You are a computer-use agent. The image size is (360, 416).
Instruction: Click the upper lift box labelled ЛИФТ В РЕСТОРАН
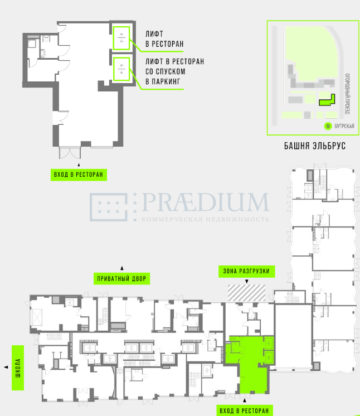tap(121, 38)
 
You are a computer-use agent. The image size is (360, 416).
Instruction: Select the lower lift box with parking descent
tap(121, 69)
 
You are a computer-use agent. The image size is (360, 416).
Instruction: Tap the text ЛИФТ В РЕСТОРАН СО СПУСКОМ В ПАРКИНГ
tap(174, 71)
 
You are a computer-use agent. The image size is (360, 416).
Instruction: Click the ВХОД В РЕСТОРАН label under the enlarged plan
tap(79, 175)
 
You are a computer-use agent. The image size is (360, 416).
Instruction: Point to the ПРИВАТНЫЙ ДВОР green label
tap(121, 279)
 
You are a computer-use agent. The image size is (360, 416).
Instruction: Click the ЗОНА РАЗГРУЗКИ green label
tap(246, 271)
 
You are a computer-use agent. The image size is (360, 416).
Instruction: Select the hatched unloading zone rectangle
tap(246, 293)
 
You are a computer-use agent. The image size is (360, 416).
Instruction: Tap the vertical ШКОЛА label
tap(18, 367)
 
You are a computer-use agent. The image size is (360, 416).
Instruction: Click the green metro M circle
tap(328, 126)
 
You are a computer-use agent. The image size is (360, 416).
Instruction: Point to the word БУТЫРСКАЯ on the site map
tap(344, 126)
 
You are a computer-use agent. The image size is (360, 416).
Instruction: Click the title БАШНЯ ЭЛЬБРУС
tap(315, 146)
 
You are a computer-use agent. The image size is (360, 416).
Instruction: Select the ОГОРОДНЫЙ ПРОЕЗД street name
tap(347, 94)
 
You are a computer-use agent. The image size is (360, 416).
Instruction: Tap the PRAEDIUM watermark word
tap(206, 202)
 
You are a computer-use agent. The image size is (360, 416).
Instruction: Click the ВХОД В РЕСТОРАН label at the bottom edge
tap(245, 410)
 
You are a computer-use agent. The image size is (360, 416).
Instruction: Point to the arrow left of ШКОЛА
tap(6, 367)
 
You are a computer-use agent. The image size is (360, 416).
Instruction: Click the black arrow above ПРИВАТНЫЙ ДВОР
tap(122, 268)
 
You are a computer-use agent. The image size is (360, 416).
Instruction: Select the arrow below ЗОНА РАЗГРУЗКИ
tap(247, 281)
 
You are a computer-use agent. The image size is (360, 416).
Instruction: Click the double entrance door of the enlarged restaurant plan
tap(70, 153)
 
